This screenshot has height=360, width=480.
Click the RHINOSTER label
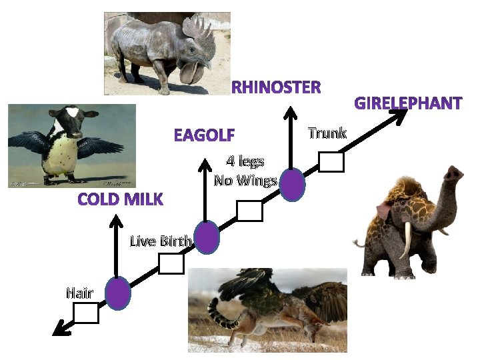pos(276,87)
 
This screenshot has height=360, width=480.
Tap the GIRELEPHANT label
pos(407,103)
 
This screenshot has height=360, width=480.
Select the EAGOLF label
pos(204,135)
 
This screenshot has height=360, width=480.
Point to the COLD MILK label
pos(120,199)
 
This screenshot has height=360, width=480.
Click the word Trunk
pos(327,133)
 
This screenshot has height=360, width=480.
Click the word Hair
pos(79,292)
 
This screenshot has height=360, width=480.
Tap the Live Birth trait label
pos(161,241)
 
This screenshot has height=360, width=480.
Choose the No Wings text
pos(245,180)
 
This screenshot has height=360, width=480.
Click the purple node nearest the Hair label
pos(118,293)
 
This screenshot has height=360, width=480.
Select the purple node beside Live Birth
pos(207,237)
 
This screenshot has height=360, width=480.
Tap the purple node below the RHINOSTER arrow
pos(292,185)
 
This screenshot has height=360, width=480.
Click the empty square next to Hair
pos(86,313)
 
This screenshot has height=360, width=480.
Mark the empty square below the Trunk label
pos(331,162)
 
